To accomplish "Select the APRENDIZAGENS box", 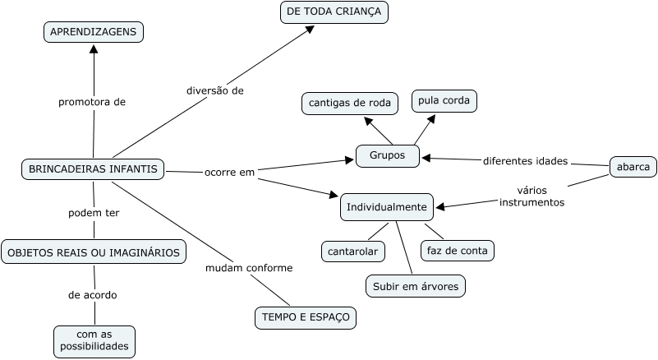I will tap(94, 32).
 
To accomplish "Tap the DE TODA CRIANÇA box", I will tap(334, 12).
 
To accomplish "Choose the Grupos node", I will tap(388, 155).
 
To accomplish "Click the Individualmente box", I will tap(386, 207).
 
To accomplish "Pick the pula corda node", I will tap(444, 100).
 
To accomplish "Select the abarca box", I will tap(633, 167).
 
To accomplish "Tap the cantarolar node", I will tap(352, 250).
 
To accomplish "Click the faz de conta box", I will tap(457, 250).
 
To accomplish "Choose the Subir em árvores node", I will tap(416, 285).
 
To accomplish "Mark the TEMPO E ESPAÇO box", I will tap(305, 316).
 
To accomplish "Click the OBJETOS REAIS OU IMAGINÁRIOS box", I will tap(93, 252).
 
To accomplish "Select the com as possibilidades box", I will tap(94, 341).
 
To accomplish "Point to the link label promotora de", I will tap(92, 103).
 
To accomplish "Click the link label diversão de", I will tap(214, 91).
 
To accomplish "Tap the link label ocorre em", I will tap(230, 173).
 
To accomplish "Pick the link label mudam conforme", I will tap(249, 268).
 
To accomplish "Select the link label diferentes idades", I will tap(525, 160).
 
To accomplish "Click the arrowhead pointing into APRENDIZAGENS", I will tap(94, 49).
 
